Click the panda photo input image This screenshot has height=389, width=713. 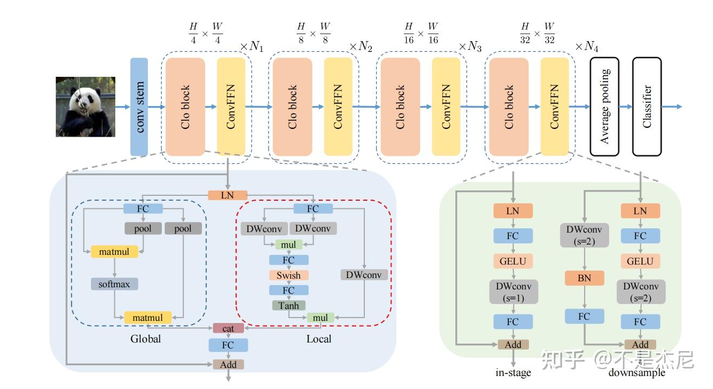coord(86,107)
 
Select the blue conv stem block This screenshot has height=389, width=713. coord(139,107)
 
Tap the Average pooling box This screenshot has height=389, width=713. coord(604,107)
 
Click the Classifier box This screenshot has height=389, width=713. coord(647,107)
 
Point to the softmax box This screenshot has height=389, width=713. coord(114,283)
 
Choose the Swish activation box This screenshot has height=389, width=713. coord(289,275)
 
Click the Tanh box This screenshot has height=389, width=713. coord(289,306)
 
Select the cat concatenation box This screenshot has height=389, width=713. coord(228,328)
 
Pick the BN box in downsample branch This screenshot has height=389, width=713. coord(584,278)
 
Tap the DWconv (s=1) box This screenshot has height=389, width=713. coord(513,292)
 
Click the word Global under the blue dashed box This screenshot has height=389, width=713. coord(146,339)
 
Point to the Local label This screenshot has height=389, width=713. coord(319,339)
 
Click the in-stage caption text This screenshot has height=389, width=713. coord(513,372)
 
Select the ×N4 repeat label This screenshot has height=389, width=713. coord(587,47)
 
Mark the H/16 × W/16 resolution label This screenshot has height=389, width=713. coord(421,34)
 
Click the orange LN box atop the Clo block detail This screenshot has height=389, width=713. coord(228,195)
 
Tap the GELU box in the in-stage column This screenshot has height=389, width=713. coord(513,261)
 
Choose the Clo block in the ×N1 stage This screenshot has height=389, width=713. coord(185,107)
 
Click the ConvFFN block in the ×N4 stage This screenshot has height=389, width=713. coord(554,107)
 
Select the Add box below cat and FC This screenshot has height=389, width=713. coord(228,365)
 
